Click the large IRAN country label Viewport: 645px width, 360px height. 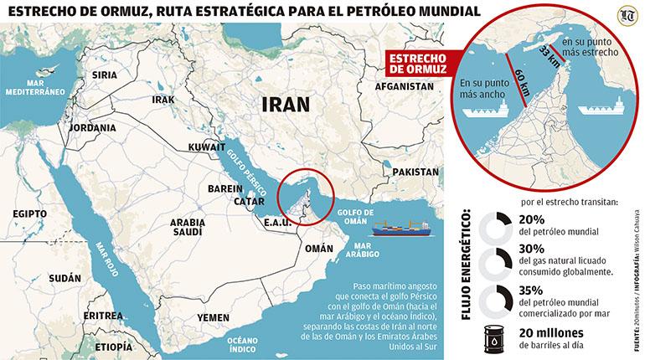(x=286, y=104)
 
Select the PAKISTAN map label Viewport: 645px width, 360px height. (x=415, y=171)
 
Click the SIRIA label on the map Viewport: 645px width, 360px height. (x=104, y=75)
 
